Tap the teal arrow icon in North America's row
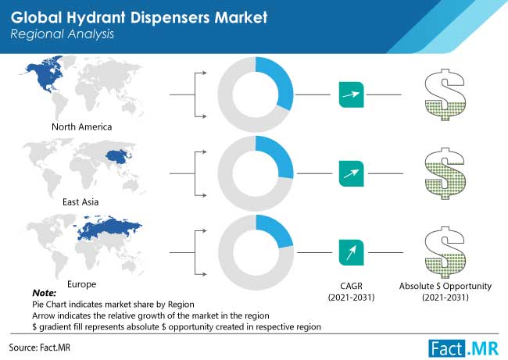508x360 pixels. point(351,94)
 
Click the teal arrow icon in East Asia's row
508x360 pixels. point(351,173)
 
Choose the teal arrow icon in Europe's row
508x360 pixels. point(351,252)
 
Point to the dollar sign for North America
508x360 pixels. point(445,94)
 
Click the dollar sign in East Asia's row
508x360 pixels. point(445,173)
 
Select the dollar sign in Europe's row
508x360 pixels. point(445,252)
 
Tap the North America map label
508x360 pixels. point(81,127)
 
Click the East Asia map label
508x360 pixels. point(80,202)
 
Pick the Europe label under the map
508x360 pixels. point(81,284)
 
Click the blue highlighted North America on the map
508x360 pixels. point(44,75)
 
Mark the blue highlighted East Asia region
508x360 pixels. point(118,157)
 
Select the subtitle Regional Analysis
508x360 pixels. point(63,34)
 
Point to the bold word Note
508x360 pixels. point(44,293)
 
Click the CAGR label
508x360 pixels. point(351,286)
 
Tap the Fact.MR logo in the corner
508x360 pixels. point(463,348)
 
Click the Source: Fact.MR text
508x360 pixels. point(40,348)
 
